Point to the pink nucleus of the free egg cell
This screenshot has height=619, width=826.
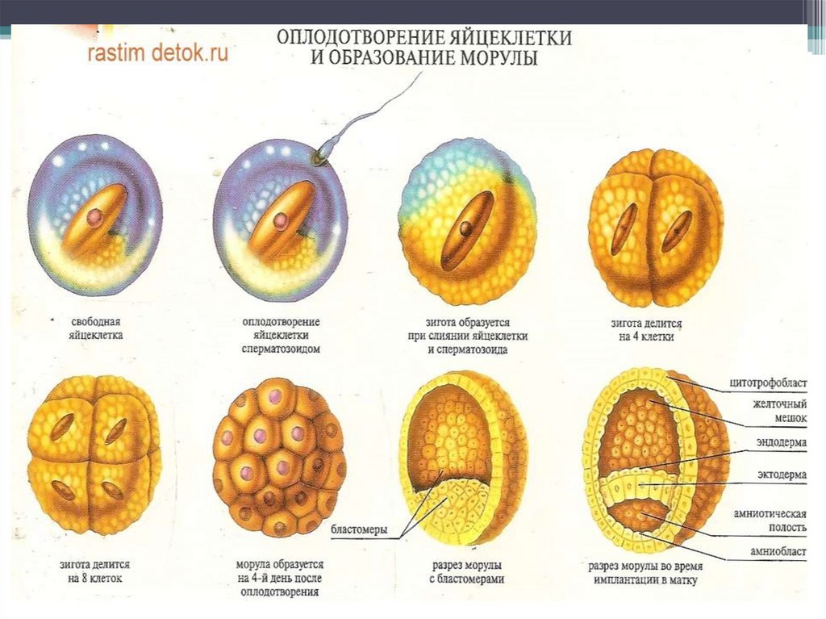(x=95, y=216)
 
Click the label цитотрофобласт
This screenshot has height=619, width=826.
(x=769, y=385)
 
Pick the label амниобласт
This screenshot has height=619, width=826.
(x=774, y=554)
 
